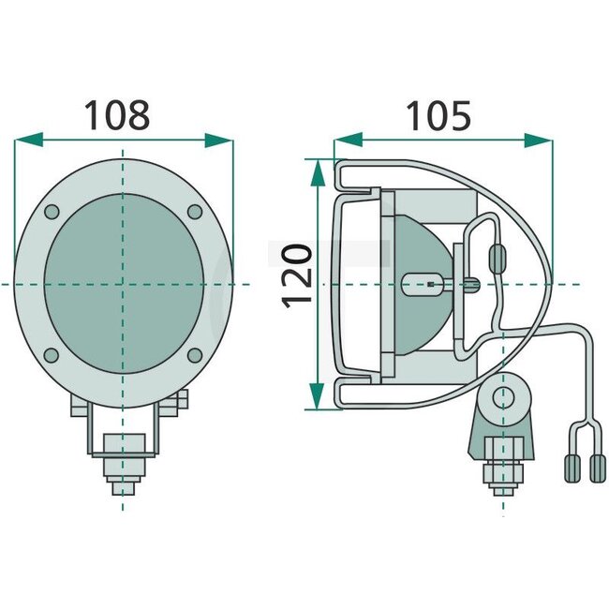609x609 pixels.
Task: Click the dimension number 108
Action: click(x=117, y=115)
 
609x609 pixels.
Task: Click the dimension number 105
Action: click(x=438, y=115)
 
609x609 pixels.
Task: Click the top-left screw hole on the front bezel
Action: click(x=52, y=212)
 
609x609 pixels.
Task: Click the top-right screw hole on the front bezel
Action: click(x=194, y=212)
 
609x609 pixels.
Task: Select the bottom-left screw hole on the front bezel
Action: click(x=52, y=354)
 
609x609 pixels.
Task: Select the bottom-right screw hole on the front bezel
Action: click(x=194, y=354)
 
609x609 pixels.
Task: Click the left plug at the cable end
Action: click(x=571, y=467)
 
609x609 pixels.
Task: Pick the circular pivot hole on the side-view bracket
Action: click(x=504, y=396)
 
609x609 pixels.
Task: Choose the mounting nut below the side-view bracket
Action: click(x=502, y=472)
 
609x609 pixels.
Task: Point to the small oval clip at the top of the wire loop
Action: click(x=498, y=254)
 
